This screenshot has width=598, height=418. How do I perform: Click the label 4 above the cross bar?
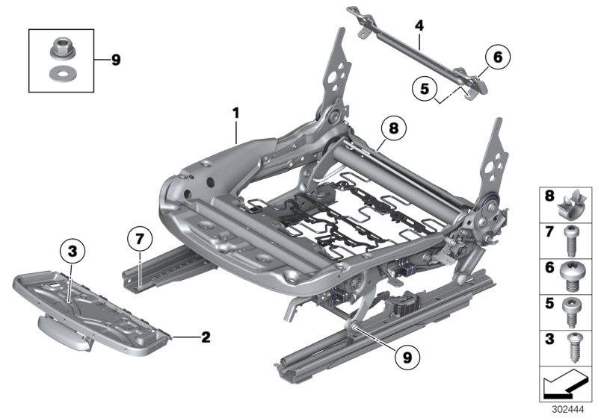(x=419, y=26)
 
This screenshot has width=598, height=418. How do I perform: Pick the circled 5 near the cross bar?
(x=425, y=90)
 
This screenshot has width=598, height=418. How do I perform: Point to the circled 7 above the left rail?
(x=139, y=240)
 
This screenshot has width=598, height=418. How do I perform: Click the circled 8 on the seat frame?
(x=393, y=129)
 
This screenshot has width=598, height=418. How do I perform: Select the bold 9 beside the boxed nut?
(x=115, y=60)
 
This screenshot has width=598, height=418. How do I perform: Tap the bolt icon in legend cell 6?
(x=573, y=272)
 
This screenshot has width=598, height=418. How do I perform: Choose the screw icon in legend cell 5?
(x=573, y=308)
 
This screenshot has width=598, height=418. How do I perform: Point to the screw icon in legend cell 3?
(x=573, y=344)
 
